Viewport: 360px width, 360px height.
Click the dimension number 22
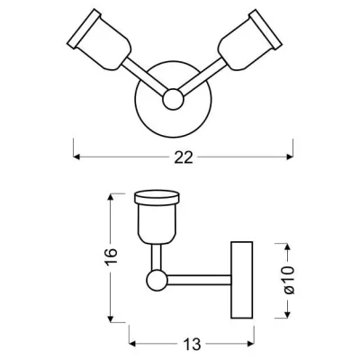pos(184,157)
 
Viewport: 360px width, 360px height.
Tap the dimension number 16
pos(111,256)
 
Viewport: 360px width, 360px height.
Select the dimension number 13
pos(192,344)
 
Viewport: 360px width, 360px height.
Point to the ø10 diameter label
pos(289,280)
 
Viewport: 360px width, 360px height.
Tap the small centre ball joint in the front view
pos(173,99)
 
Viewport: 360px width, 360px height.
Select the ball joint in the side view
pos(157,280)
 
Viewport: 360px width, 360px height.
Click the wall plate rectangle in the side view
pos(242,280)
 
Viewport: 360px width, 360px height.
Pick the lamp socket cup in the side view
pos(157,223)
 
